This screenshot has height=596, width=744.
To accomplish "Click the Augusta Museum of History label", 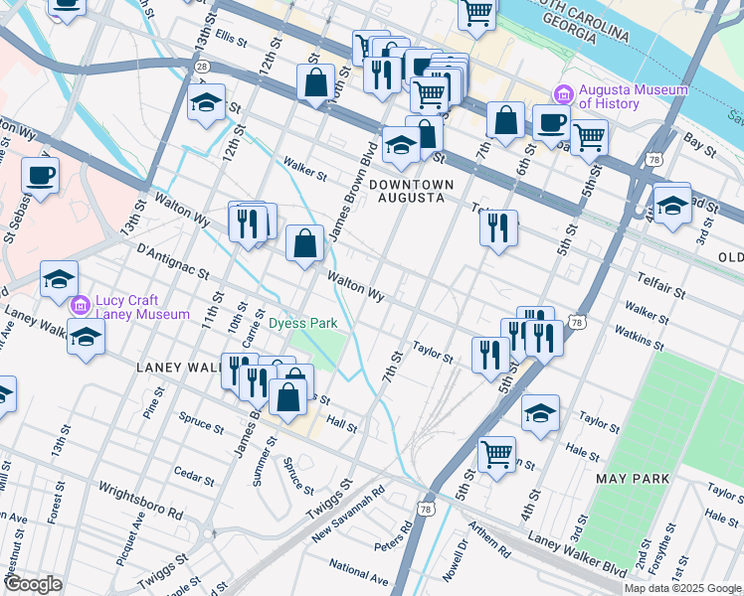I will [x=633, y=96].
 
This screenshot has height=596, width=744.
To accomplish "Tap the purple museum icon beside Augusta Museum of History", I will [x=563, y=93].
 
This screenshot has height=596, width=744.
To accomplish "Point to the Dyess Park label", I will [x=303, y=323].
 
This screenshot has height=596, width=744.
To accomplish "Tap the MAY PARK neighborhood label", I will [x=633, y=479].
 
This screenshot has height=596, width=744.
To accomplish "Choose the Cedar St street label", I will [x=193, y=475].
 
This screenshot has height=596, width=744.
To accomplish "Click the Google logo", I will [x=33, y=584].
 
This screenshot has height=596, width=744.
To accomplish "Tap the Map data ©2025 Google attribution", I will [x=683, y=588].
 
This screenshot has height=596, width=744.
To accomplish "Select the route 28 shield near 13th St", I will [x=202, y=66].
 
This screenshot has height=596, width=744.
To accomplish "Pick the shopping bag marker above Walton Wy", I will [x=304, y=241].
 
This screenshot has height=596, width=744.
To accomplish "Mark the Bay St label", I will [x=700, y=146].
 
